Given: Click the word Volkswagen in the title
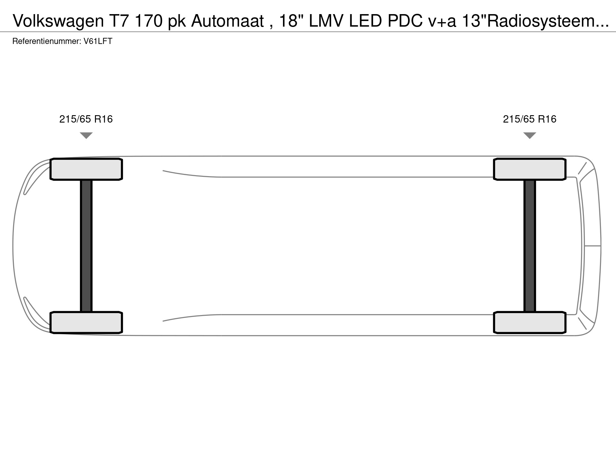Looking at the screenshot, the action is coord(59,21).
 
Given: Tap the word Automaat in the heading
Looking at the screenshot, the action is coord(227,21).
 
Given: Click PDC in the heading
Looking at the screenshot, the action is coord(405,21).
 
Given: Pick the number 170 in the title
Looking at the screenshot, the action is coord(149,21).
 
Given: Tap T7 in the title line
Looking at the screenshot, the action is coord(120,21).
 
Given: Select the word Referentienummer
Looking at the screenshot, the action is coord(46,41).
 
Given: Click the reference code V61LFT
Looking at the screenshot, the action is coord(98,41).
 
